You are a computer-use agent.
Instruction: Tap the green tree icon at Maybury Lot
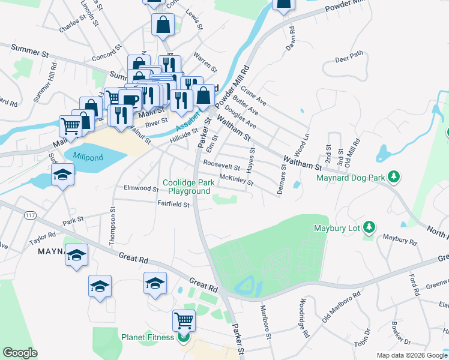[370, 228]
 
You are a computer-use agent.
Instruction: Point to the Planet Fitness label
[148, 337]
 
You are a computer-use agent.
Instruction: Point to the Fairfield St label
[173, 204]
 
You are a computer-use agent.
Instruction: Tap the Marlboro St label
[264, 321]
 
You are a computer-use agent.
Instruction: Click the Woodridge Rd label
[303, 317]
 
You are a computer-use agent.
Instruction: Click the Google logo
[20, 353]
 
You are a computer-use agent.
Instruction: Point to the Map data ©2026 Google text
[412, 355]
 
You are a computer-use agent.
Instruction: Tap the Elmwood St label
[140, 188]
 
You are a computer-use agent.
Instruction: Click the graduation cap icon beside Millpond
[62, 175]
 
